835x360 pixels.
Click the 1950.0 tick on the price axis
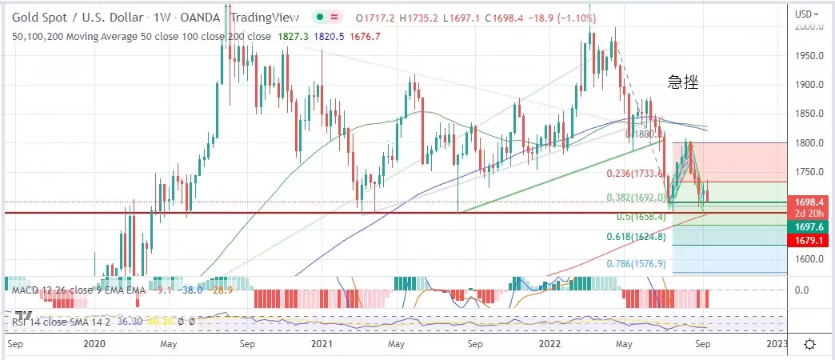click(809, 56)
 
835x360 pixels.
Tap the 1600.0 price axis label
click(809, 259)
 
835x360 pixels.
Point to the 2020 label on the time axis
click(94, 344)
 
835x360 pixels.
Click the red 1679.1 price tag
click(809, 240)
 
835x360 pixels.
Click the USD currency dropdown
click(808, 13)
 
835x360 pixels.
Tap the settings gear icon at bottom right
click(809, 344)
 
